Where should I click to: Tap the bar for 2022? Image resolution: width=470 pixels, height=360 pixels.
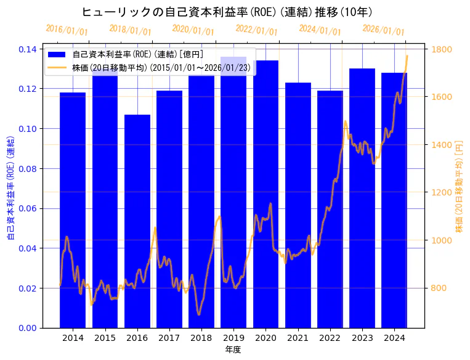pyautogui.click(x=330, y=210)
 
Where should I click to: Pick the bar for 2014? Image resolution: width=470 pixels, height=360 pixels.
pyautogui.click(x=73, y=210)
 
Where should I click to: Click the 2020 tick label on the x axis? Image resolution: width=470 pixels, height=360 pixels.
pyautogui.click(x=265, y=338)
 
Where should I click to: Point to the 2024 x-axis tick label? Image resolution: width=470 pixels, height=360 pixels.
pyautogui.click(x=394, y=338)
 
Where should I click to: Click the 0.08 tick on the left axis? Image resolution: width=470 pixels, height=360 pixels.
pyautogui.click(x=28, y=168)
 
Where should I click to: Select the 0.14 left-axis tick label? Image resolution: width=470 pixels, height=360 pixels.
pyautogui.click(x=28, y=49)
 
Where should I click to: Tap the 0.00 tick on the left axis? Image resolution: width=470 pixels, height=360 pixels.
pyautogui.click(x=28, y=328)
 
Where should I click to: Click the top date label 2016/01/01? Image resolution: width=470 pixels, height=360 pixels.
pyautogui.click(x=67, y=30)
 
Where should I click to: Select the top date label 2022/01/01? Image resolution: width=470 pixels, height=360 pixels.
pyautogui.click(x=256, y=30)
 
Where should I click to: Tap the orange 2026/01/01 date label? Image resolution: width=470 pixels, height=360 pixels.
pyautogui.click(x=383, y=30)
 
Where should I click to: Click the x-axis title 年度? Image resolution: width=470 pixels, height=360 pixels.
pyautogui.click(x=233, y=350)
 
